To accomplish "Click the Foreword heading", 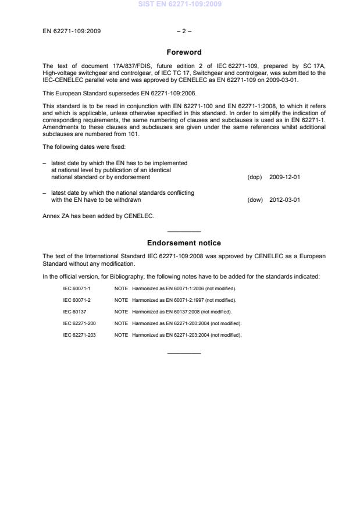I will pos(183,52).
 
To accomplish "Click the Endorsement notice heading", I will pos(183,243).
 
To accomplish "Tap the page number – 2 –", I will pos(183,31).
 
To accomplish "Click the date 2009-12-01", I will pos(284,177).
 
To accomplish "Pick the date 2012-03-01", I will pos(284,199).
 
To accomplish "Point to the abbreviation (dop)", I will pos(254,177).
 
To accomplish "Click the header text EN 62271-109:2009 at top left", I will pos(72,31).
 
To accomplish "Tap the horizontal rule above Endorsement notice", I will pos(183,231).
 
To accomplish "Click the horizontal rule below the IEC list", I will pos(183,353).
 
